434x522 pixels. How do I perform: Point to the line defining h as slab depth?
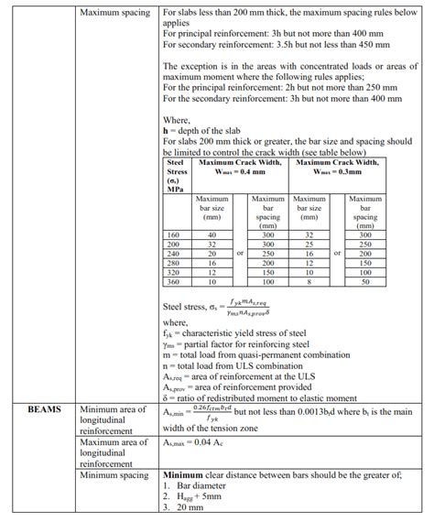(210, 130)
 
